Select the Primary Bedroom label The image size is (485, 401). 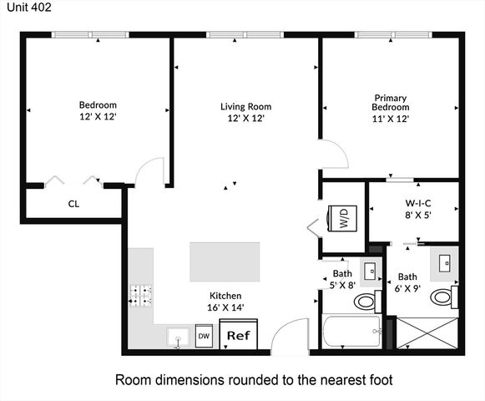tap(391, 103)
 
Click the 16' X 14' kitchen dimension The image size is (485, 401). tap(225, 307)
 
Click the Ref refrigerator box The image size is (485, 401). tap(239, 336)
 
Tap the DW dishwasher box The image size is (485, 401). tap(203, 338)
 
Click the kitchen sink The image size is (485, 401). tap(177, 338)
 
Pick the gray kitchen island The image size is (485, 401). tap(224, 262)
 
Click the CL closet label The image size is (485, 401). tap(73, 203)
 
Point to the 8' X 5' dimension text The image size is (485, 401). tap(417, 214)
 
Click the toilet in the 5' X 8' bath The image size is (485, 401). tap(365, 300)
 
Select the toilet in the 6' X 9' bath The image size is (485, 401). tap(455, 297)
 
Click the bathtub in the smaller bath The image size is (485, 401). tap(351, 332)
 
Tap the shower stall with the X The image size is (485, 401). tap(426, 332)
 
